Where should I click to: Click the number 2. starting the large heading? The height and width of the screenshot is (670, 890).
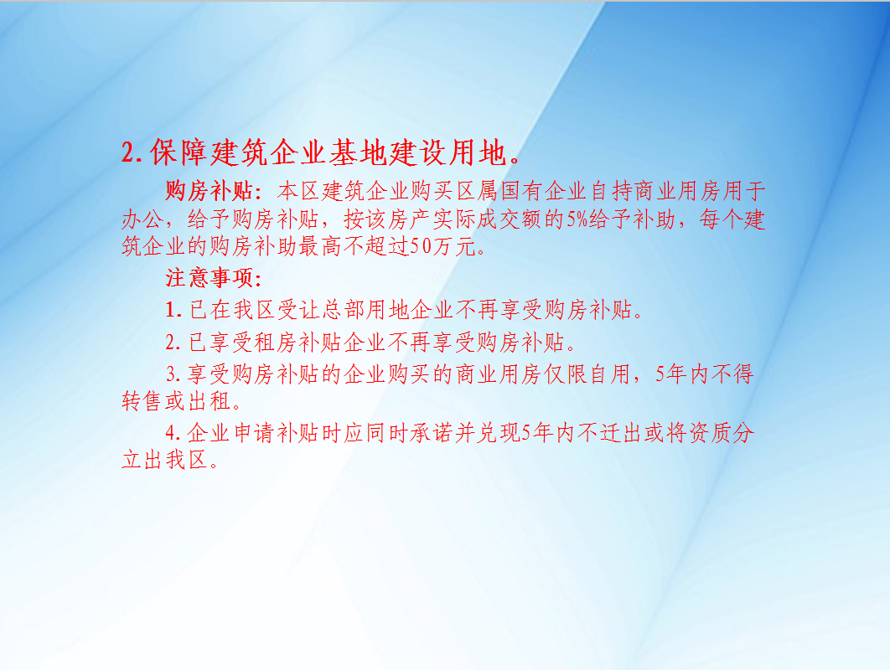(x=132, y=153)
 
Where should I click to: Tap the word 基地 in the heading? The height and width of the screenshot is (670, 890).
(x=358, y=152)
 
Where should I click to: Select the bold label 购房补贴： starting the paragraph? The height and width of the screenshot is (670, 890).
(x=213, y=191)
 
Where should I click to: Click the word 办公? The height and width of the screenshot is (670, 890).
(x=142, y=219)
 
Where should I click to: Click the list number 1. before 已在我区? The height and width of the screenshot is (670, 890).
(x=173, y=310)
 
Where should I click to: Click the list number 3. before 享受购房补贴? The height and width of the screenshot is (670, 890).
(x=173, y=374)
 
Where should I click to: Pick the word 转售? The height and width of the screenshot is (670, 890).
(x=142, y=401)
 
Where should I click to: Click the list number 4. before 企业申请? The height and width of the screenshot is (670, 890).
(x=173, y=434)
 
